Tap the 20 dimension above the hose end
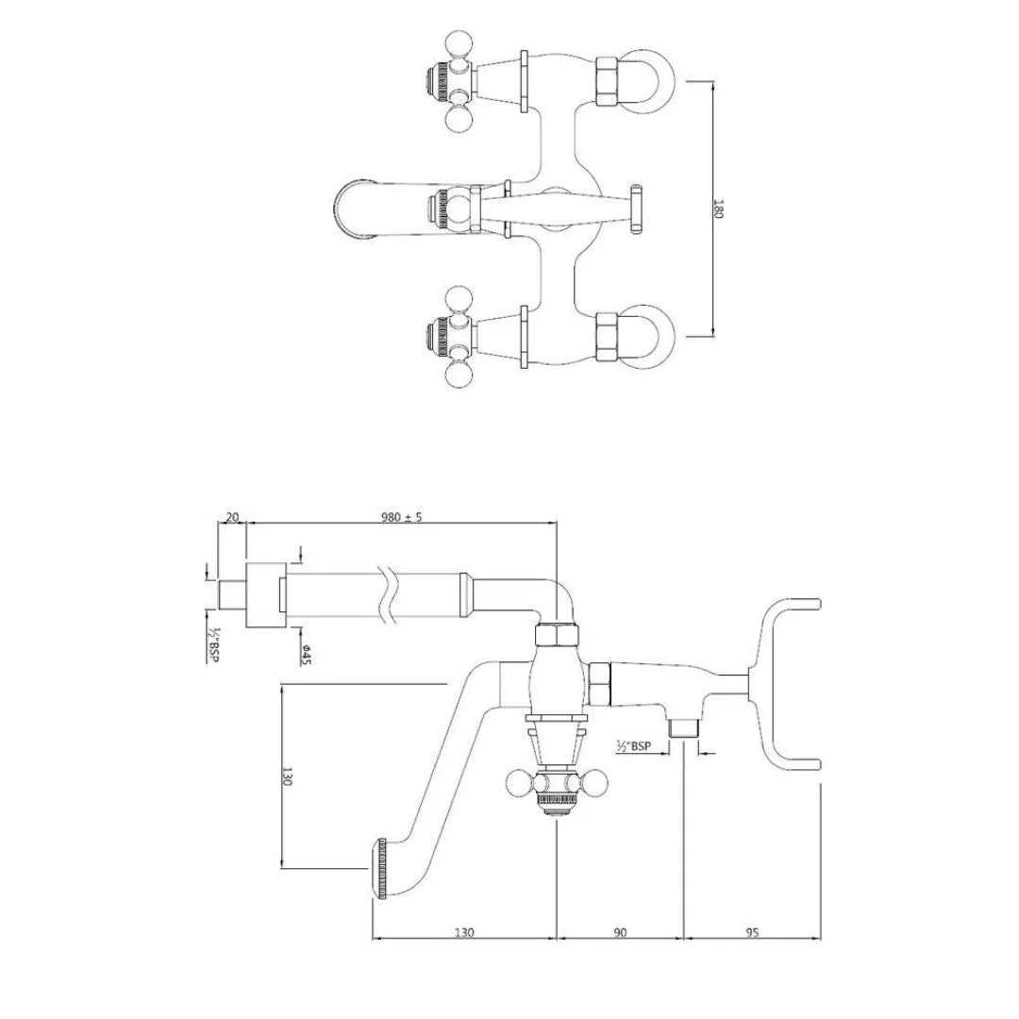(x=232, y=516)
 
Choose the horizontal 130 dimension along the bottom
(x=464, y=932)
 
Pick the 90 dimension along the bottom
(x=620, y=932)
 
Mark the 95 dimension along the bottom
(x=752, y=932)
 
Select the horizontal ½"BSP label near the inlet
(x=633, y=746)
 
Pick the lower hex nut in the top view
(x=606, y=335)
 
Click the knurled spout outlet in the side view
(x=383, y=868)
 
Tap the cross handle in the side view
(x=556, y=785)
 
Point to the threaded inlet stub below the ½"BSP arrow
(x=682, y=728)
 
